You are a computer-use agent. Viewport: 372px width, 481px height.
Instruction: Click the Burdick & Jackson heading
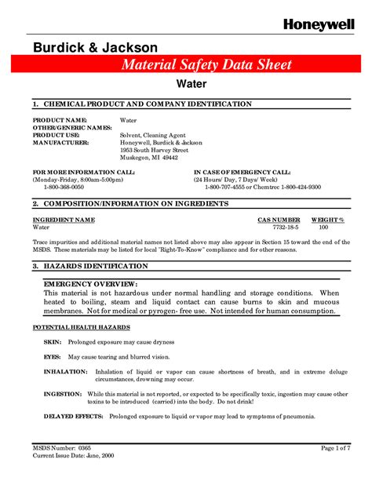point(96,49)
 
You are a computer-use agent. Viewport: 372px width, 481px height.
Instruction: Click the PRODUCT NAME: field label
point(60,120)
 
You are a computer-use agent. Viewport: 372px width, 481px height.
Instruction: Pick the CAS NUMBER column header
point(279,220)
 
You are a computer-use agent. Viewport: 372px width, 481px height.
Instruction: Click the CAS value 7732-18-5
point(279,227)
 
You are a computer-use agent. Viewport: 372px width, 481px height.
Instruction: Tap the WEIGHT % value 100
point(323,227)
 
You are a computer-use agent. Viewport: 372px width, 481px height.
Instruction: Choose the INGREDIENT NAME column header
point(64,220)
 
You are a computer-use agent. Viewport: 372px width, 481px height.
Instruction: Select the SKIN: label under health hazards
point(53,343)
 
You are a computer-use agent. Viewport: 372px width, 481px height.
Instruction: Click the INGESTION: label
point(63,393)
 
